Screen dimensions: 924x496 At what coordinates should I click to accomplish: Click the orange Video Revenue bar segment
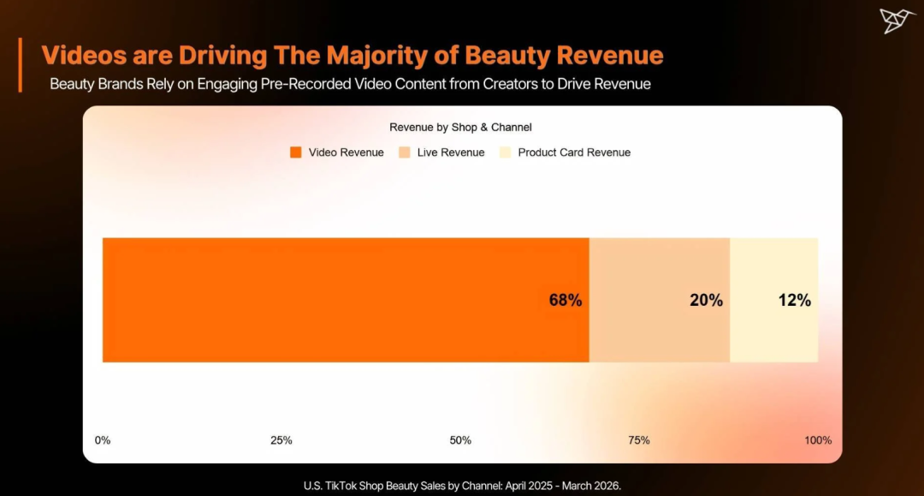(x=346, y=300)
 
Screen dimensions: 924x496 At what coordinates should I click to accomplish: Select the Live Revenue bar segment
(x=660, y=300)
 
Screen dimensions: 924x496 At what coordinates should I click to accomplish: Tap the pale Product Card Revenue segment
(x=773, y=300)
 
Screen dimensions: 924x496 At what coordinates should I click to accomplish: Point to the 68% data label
(x=566, y=300)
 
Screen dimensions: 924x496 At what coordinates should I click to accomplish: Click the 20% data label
(x=707, y=300)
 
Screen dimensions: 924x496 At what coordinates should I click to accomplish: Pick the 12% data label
(x=794, y=300)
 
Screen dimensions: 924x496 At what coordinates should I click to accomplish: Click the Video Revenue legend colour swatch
(x=296, y=152)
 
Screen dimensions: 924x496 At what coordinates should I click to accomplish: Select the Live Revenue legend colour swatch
(x=404, y=152)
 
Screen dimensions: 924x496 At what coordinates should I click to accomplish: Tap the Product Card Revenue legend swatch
(x=505, y=152)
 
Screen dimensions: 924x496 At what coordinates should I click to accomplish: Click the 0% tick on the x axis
(x=103, y=440)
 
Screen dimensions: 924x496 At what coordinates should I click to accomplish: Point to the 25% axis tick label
(x=281, y=440)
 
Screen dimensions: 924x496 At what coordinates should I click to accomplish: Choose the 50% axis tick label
(x=460, y=440)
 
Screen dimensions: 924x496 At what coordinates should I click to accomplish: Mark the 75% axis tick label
(x=639, y=440)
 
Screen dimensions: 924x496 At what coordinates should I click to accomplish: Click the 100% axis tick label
(x=818, y=440)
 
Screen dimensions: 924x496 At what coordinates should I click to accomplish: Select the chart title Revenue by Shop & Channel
(x=461, y=128)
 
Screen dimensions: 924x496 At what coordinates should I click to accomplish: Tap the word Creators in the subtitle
(x=510, y=84)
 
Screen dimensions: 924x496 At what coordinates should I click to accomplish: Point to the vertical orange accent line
(x=20, y=65)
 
